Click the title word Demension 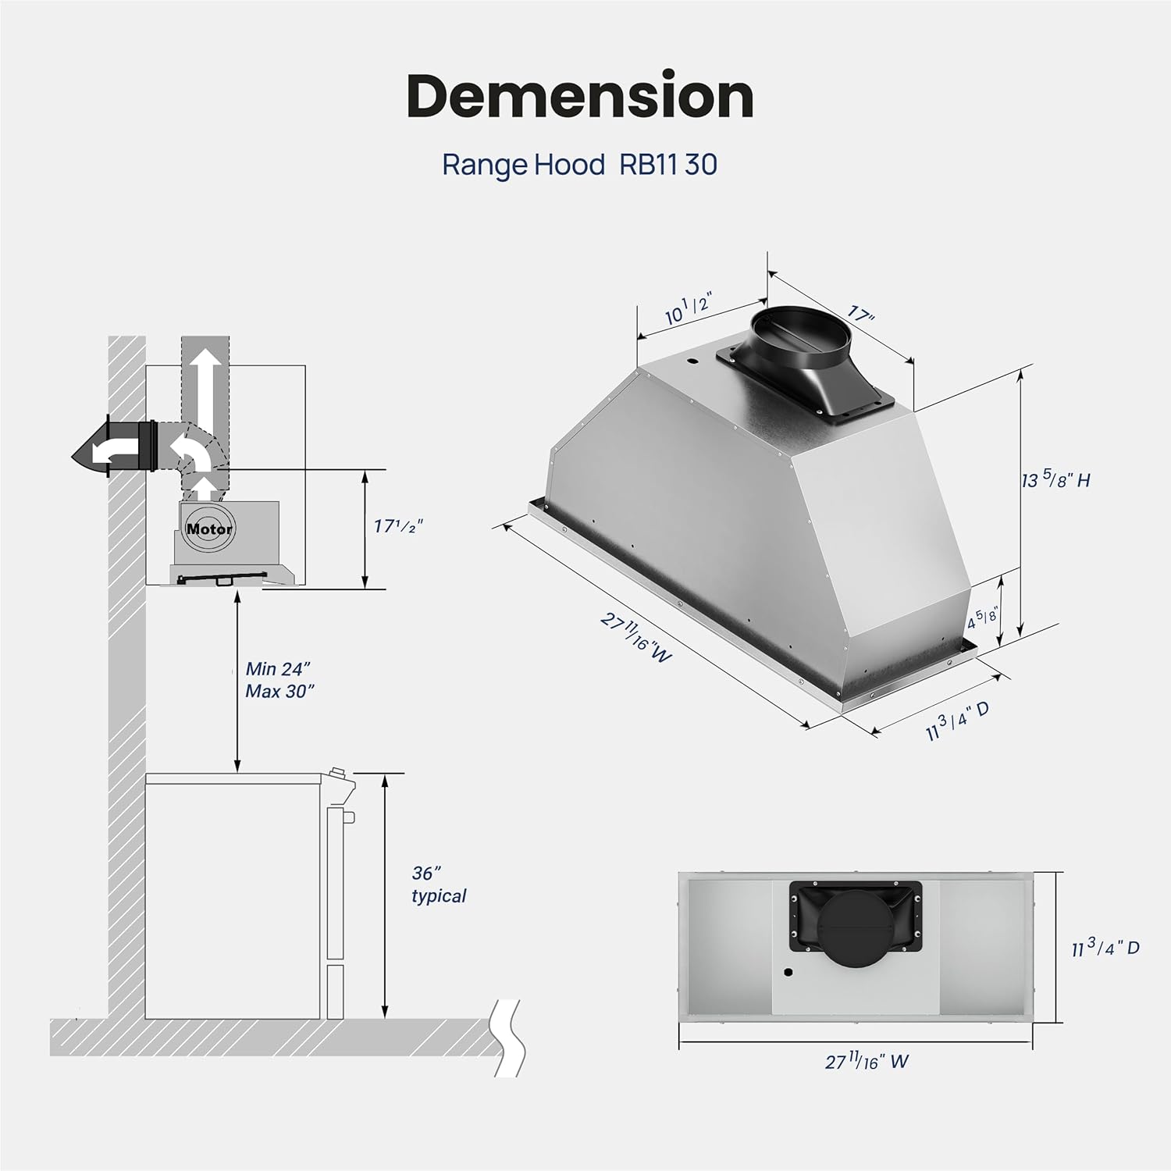click(x=580, y=97)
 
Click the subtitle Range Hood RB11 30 click(x=579, y=165)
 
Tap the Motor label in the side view click(x=208, y=529)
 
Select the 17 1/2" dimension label click(x=397, y=526)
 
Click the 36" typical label click(x=438, y=884)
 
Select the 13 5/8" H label click(x=1055, y=479)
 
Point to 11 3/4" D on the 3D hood click(x=957, y=721)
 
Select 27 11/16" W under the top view click(x=867, y=1062)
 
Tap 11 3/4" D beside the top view click(x=1105, y=948)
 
